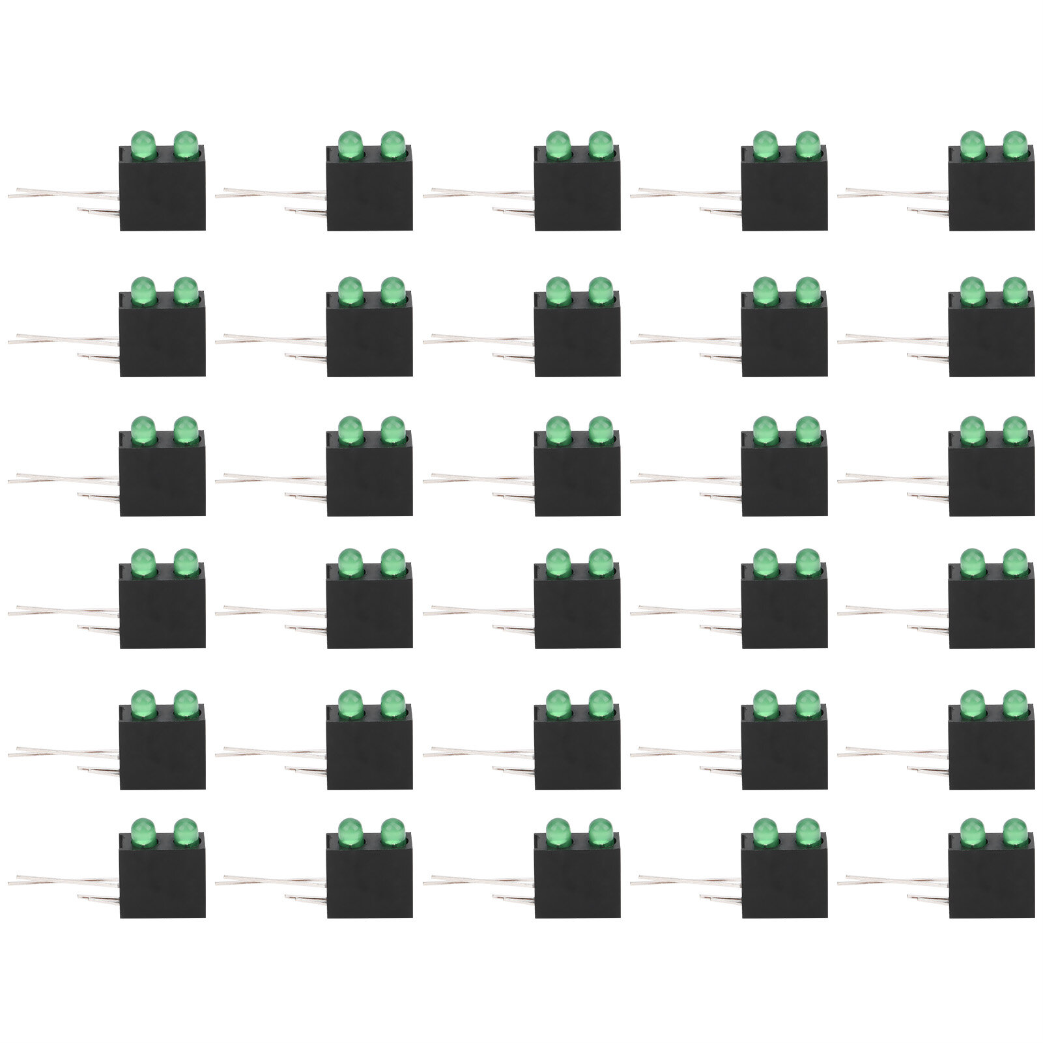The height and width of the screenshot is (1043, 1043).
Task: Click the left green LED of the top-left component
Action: pos(143,144)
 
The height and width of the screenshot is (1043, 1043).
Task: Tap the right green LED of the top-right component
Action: pos(1014,144)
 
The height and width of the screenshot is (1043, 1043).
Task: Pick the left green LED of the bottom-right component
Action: pos(972,831)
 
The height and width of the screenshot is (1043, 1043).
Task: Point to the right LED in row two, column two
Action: pos(392,290)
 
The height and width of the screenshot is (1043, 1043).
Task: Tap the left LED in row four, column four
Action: pos(765,562)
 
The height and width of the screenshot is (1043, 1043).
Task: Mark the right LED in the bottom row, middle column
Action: pos(600,831)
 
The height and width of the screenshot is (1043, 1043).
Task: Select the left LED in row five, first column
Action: pos(143,703)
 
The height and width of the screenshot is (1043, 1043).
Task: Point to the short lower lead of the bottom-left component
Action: pos(98,899)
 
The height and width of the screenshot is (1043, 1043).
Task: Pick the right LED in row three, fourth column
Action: pos(807,429)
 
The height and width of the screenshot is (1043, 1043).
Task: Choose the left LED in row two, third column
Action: pos(558,290)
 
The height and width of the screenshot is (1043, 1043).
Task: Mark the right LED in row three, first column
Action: pos(185,429)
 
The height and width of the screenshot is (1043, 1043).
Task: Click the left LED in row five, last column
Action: pos(972,703)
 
